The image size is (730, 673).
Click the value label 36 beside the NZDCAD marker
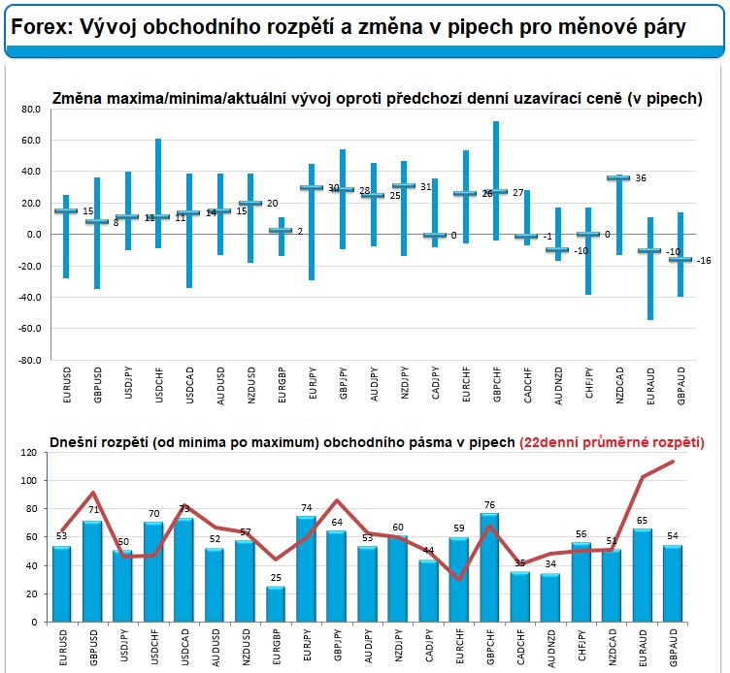640,178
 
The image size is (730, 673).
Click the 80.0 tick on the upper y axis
28,110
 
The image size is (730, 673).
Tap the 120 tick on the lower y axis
30,453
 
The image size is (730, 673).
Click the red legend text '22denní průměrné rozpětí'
612,442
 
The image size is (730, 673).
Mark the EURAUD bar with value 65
642,575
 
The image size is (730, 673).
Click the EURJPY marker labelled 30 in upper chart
312,187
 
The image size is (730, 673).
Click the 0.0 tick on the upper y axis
30,235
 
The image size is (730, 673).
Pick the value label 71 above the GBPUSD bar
91,511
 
